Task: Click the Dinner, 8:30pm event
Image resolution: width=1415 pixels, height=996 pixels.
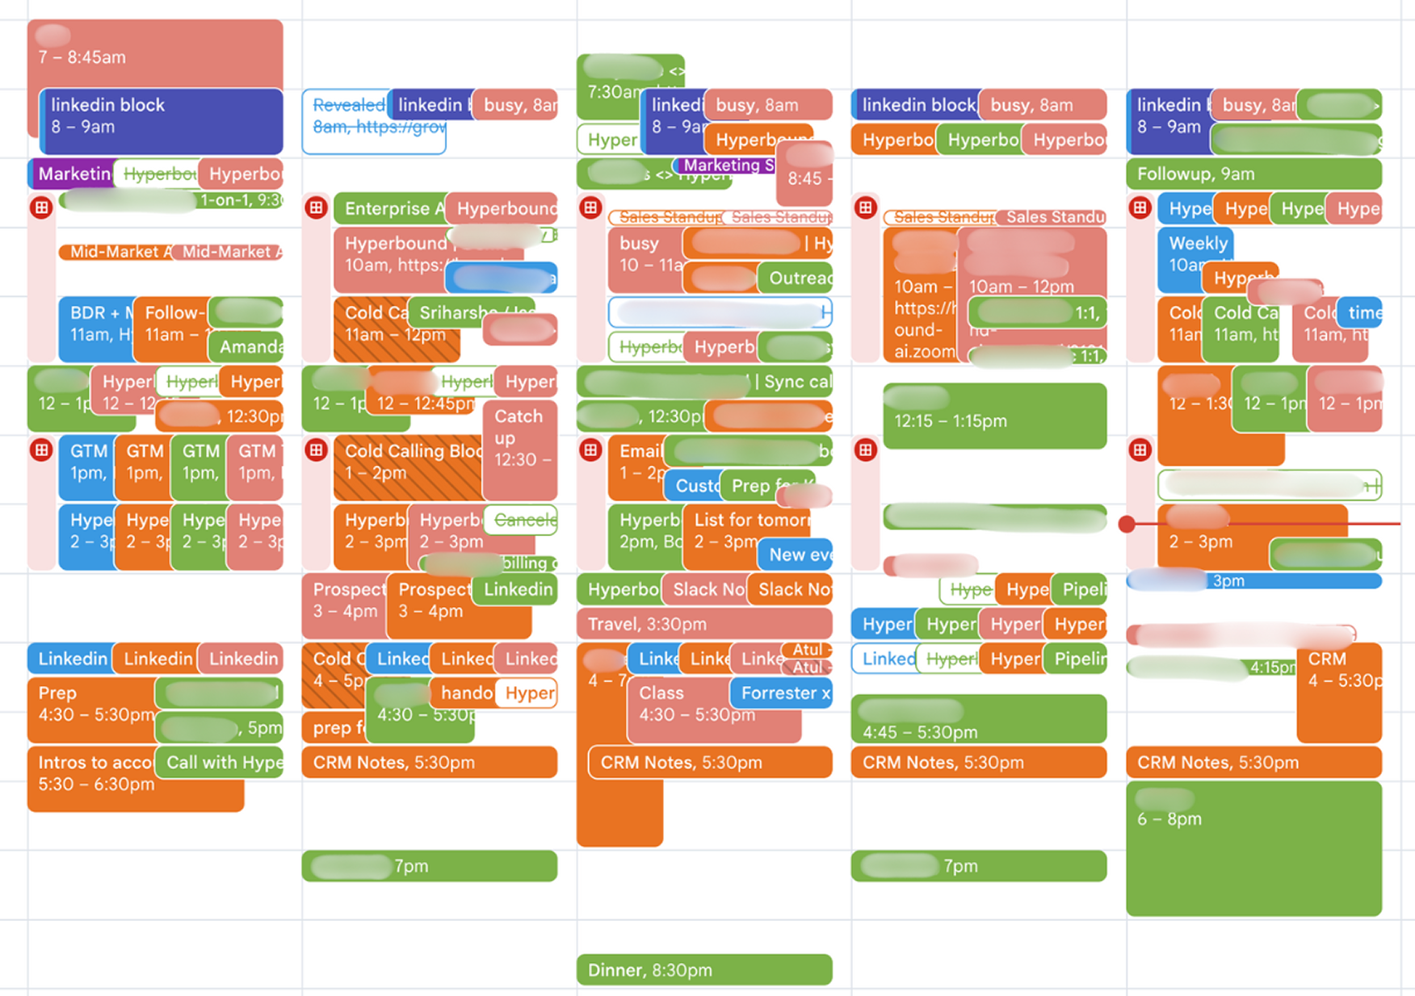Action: click(x=703, y=969)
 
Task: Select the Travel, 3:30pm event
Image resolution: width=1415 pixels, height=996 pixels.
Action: click(x=703, y=624)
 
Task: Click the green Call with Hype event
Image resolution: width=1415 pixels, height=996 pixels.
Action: click(x=220, y=763)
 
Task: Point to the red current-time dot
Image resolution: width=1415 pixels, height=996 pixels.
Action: click(x=1127, y=525)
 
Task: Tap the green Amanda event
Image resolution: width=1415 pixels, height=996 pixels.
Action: click(x=247, y=346)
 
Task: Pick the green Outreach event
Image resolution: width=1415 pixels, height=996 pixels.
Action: click(x=796, y=278)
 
